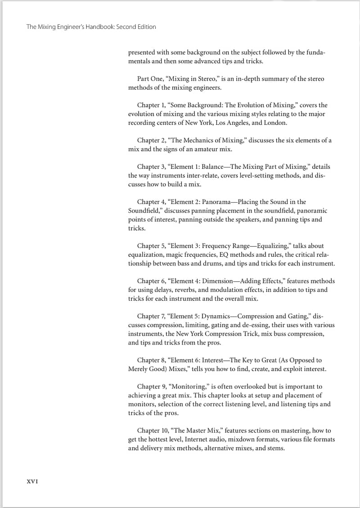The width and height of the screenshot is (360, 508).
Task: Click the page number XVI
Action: point(32,481)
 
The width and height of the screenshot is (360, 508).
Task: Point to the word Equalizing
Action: point(271,246)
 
